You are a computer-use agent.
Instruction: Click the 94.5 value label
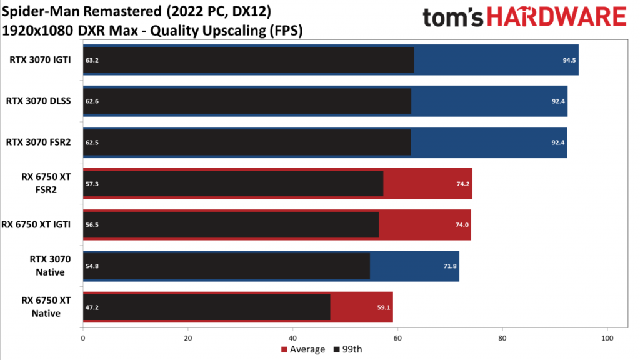pyautogui.click(x=569, y=60)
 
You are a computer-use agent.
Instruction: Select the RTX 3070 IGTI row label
pyautogui.click(x=40, y=59)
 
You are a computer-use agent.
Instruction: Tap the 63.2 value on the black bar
pyautogui.click(x=92, y=60)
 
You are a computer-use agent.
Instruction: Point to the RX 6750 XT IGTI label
pyautogui.click(x=36, y=224)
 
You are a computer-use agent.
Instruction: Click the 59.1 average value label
pyautogui.click(x=384, y=307)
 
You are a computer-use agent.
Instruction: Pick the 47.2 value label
pyautogui.click(x=92, y=307)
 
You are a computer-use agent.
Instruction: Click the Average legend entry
pyautogui.click(x=303, y=349)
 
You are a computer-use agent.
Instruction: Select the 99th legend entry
pyautogui.click(x=347, y=349)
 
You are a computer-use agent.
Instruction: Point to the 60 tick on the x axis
pyautogui.click(x=397, y=338)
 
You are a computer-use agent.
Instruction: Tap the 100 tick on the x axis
pyautogui.click(x=607, y=338)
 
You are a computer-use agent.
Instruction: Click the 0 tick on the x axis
pyautogui.click(x=83, y=338)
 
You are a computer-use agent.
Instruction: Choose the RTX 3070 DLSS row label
pyautogui.click(x=38, y=101)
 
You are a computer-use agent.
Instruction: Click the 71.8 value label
pyautogui.click(x=450, y=266)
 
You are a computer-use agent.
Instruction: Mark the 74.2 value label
pyautogui.click(x=463, y=184)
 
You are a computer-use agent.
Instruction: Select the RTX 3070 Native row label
pyautogui.click(x=50, y=266)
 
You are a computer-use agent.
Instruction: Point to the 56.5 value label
pyautogui.click(x=92, y=225)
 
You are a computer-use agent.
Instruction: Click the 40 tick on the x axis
pyautogui.click(x=292, y=338)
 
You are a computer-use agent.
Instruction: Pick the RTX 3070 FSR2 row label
pyautogui.click(x=38, y=142)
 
